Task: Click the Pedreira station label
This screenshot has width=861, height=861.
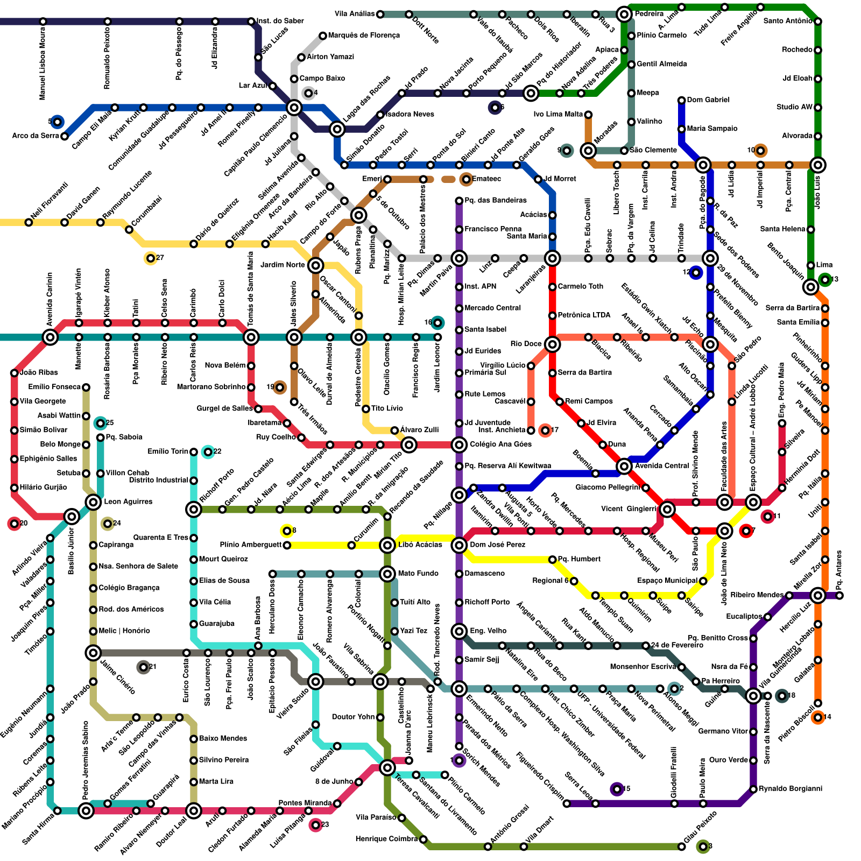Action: point(649,13)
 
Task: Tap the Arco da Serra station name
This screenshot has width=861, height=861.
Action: point(36,136)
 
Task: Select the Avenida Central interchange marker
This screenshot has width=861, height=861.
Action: point(624,466)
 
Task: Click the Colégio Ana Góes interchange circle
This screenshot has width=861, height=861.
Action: point(459,444)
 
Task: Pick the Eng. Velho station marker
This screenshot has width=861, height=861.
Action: point(459,631)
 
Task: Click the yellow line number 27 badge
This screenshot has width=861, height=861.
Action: point(150,258)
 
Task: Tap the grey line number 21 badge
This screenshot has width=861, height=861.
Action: point(143,667)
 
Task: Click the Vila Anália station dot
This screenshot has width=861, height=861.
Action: point(380,14)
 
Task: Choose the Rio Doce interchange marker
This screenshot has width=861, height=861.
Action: point(552,344)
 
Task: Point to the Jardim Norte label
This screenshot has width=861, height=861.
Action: point(283,265)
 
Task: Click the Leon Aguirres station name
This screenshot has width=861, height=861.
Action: point(128,502)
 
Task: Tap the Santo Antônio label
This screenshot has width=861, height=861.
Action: point(787,21)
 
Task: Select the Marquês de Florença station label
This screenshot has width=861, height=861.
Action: point(364,36)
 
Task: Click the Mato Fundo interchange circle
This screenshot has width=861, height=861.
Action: point(387,574)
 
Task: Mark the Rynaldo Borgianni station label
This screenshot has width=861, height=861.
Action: point(791,789)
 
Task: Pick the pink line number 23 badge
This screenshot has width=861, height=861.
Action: point(316,825)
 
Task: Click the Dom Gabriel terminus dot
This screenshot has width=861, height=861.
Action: point(681,100)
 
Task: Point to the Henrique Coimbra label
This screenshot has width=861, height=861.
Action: point(386,839)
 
